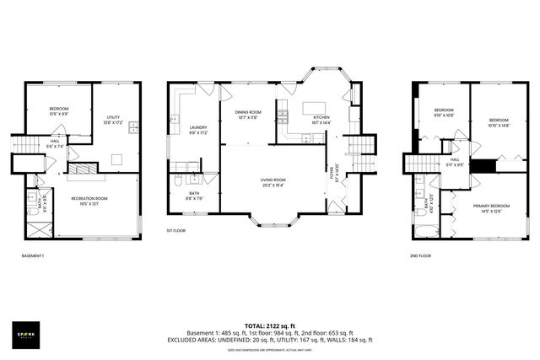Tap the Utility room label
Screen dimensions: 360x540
pos(114,121)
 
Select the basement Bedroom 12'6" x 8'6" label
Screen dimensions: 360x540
pos(57,111)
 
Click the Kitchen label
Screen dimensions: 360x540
pos(321,120)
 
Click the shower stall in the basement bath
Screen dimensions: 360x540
pos(37,225)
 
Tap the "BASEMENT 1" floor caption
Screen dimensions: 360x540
pos(33,255)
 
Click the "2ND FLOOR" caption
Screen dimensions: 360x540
pos(419,255)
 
